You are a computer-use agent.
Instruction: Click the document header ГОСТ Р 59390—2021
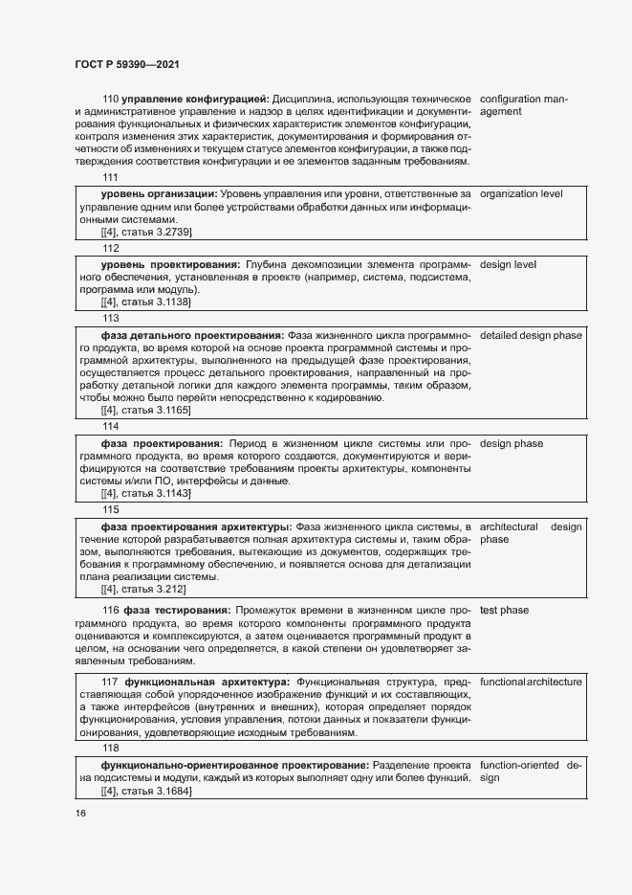(x=127, y=64)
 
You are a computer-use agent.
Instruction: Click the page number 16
(x=80, y=813)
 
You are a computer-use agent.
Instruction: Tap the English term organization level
(x=534, y=194)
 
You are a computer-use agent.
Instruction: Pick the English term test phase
(x=504, y=610)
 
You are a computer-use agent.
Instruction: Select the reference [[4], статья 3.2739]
(x=146, y=233)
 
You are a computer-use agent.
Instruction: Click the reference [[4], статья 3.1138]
(x=146, y=302)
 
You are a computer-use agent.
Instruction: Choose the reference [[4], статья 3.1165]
(x=146, y=410)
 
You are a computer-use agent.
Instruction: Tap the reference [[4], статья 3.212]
(x=143, y=589)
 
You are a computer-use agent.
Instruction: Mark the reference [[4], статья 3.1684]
(x=146, y=793)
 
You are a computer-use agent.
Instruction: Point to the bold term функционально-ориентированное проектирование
(x=234, y=766)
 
